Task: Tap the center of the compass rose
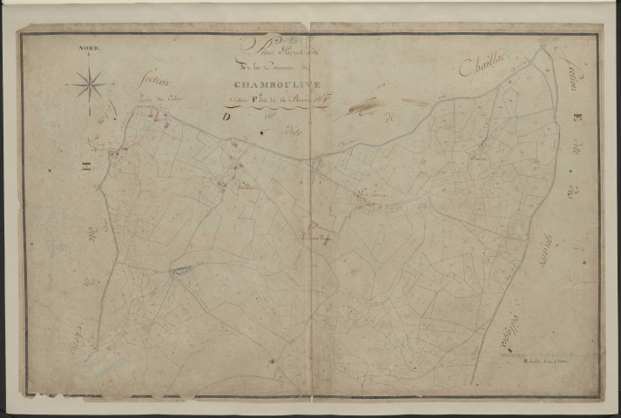(x=91, y=85)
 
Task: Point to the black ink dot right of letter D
(x=262, y=133)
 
